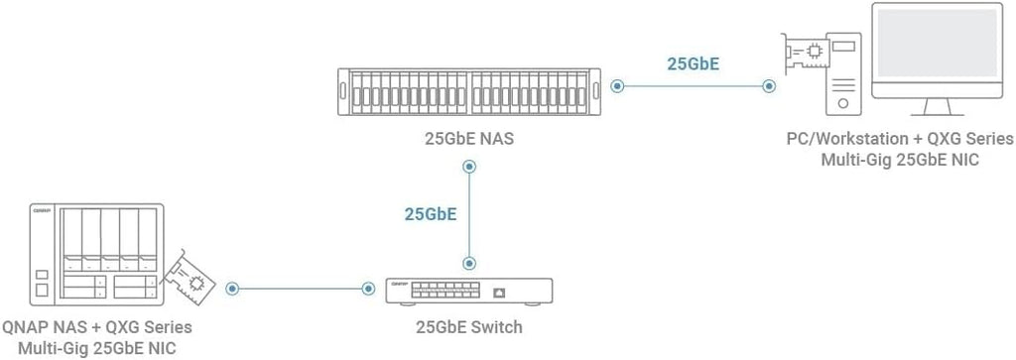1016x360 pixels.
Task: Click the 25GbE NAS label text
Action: coord(469,139)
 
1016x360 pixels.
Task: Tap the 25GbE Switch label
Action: coord(469,326)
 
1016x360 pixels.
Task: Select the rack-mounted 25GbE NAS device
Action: coord(469,91)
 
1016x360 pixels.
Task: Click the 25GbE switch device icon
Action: coord(469,292)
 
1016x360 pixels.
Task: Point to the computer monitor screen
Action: coord(937,44)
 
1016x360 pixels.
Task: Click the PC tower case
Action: coord(843,74)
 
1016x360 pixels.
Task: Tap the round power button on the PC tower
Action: coord(843,103)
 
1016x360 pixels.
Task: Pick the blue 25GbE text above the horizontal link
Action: coord(694,64)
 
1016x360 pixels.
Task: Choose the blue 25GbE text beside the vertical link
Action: coord(431,214)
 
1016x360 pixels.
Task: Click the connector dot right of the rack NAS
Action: coord(617,86)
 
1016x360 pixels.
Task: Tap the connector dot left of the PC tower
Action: coord(769,86)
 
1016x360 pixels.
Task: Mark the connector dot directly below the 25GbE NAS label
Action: coord(469,167)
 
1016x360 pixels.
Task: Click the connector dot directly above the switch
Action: coord(469,264)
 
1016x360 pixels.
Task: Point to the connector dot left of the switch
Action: coord(368,289)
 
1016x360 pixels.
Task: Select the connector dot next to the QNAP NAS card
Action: coord(232,289)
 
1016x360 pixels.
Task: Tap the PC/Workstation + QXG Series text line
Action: coord(900,139)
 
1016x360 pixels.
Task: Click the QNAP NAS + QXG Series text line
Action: coord(97,326)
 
